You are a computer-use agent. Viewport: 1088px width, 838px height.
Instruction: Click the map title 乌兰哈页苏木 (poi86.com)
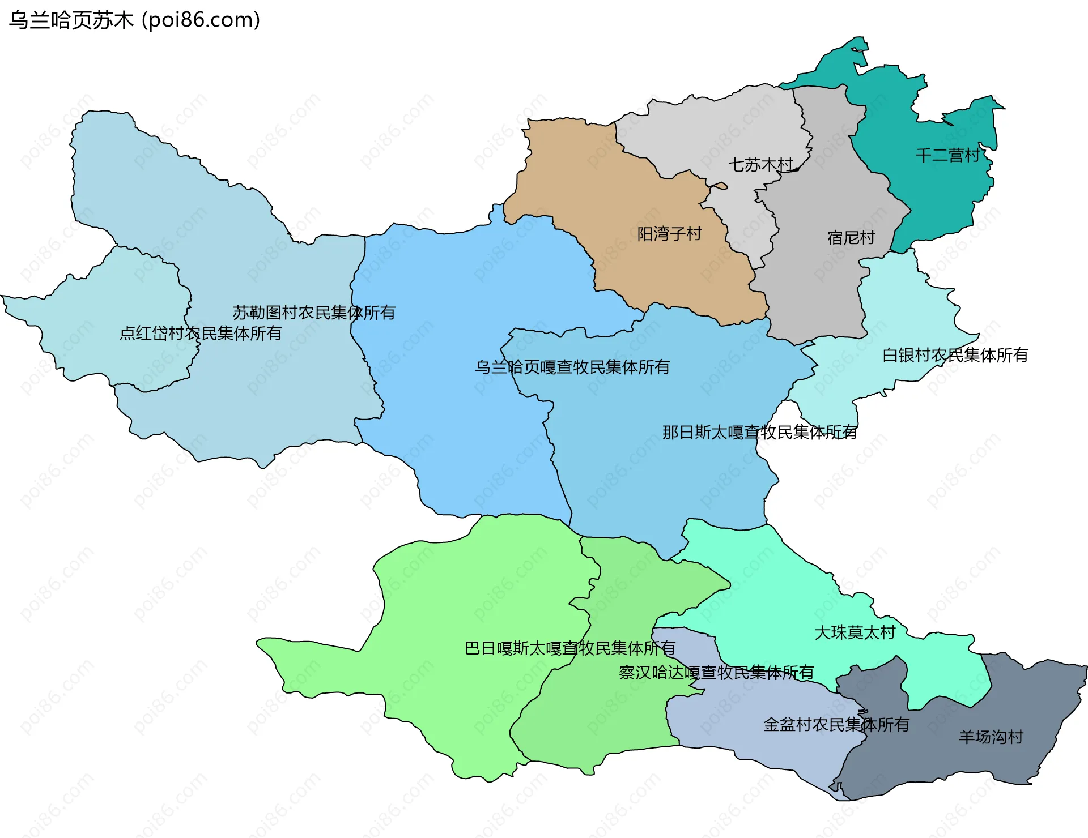(134, 20)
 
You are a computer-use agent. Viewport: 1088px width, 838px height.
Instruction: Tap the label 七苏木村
(760, 165)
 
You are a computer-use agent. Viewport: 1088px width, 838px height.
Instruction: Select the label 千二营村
(948, 155)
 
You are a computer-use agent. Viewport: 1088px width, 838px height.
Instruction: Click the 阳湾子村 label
(669, 234)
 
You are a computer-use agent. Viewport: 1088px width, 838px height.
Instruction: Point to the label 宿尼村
(851, 238)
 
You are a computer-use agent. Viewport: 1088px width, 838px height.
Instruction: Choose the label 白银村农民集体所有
(955, 355)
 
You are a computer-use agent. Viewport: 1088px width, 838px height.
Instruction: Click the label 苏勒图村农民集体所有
(313, 313)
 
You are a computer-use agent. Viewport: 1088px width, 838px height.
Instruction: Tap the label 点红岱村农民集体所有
(200, 333)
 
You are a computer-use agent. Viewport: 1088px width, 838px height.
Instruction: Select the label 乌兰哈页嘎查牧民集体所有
(572, 367)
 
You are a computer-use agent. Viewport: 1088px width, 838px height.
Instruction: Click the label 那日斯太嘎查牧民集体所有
(759, 432)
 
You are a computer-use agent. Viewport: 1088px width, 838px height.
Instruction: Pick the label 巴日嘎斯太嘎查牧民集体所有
(569, 648)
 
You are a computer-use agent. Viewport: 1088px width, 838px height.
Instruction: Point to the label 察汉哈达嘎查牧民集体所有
(716, 672)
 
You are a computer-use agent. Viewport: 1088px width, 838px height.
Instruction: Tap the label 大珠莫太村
(855, 632)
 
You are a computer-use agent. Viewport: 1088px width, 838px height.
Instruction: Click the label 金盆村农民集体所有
(836, 724)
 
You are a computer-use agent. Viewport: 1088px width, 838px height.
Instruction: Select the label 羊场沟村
(991, 737)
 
